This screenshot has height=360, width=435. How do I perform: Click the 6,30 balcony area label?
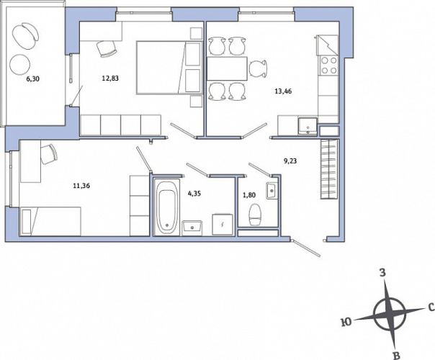pyautogui.click(x=32, y=78)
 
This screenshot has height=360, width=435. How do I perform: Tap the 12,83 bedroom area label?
pyautogui.click(x=110, y=78)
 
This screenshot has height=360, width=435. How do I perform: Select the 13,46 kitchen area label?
pyautogui.click(x=283, y=91)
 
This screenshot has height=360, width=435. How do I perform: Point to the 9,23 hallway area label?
pyautogui.click(x=290, y=161)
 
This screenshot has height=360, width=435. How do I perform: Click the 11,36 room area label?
pyautogui.click(x=81, y=186)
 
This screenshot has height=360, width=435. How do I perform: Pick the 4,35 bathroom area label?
pyautogui.click(x=194, y=194)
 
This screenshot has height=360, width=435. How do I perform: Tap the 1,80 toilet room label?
pyautogui.click(x=249, y=195)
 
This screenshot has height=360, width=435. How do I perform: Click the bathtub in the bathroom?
pyautogui.click(x=167, y=207)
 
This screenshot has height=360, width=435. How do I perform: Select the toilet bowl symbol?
pyautogui.click(x=255, y=215)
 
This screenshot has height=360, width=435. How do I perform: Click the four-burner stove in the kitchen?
pyautogui.click(x=328, y=66)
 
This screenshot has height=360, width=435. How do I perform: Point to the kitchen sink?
pyautogui.click(x=308, y=127)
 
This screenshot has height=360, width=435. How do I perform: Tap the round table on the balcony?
pyautogui.click(x=19, y=64)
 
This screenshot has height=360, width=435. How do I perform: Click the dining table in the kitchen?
pyautogui.click(x=227, y=68)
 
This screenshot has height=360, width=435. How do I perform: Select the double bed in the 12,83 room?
pyautogui.click(x=169, y=68)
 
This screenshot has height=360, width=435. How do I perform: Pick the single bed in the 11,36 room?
pyautogui.click(x=50, y=221)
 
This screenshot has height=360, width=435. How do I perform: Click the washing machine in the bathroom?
pyautogui.click(x=223, y=225)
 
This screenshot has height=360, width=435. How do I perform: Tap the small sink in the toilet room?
pyautogui.click(x=272, y=191)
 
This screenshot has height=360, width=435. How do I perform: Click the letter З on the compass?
pyautogui.click(x=382, y=273)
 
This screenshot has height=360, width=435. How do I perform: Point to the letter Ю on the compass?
pyautogui.click(x=346, y=322)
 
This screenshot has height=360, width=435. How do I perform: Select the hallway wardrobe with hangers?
pyautogui.click(x=330, y=169)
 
